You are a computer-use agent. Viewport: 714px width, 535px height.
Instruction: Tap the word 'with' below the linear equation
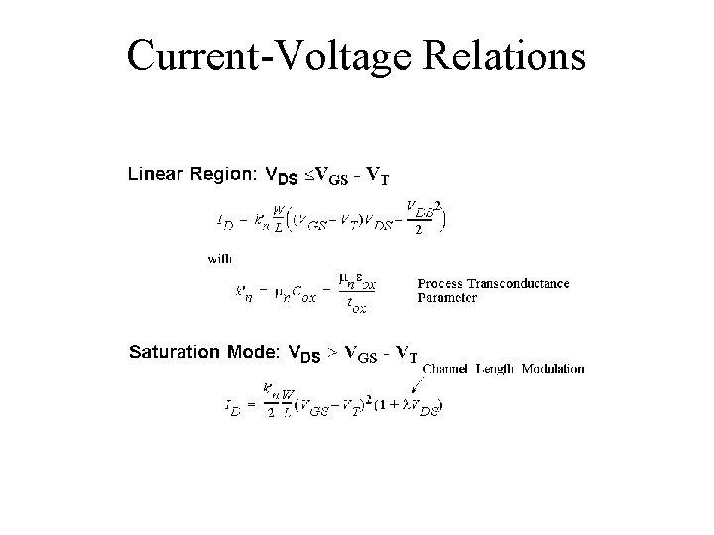pyautogui.click(x=219, y=257)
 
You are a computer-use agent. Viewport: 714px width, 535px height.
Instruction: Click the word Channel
pyautogui.click(x=447, y=369)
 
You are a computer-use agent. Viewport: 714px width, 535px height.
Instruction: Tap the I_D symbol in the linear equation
pyautogui.click(x=225, y=222)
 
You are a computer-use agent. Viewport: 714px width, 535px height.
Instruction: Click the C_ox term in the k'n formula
pyautogui.click(x=302, y=294)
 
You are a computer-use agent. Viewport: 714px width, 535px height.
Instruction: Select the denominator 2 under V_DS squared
pyautogui.click(x=420, y=230)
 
